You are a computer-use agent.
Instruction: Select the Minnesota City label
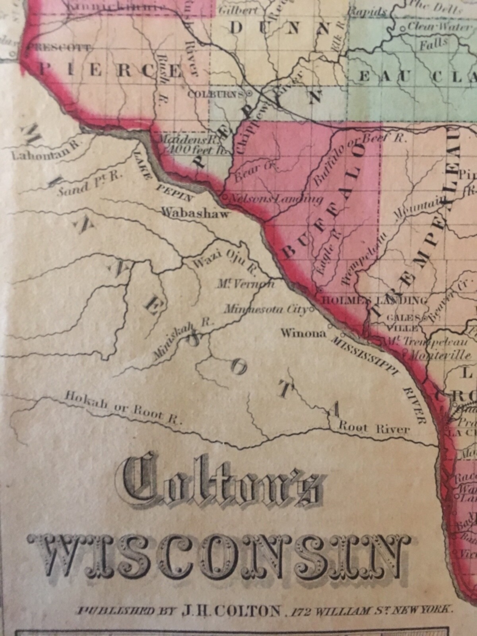[x=266, y=309]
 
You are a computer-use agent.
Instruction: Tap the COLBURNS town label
[x=216, y=94]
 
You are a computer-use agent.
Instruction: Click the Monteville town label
[x=441, y=355]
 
